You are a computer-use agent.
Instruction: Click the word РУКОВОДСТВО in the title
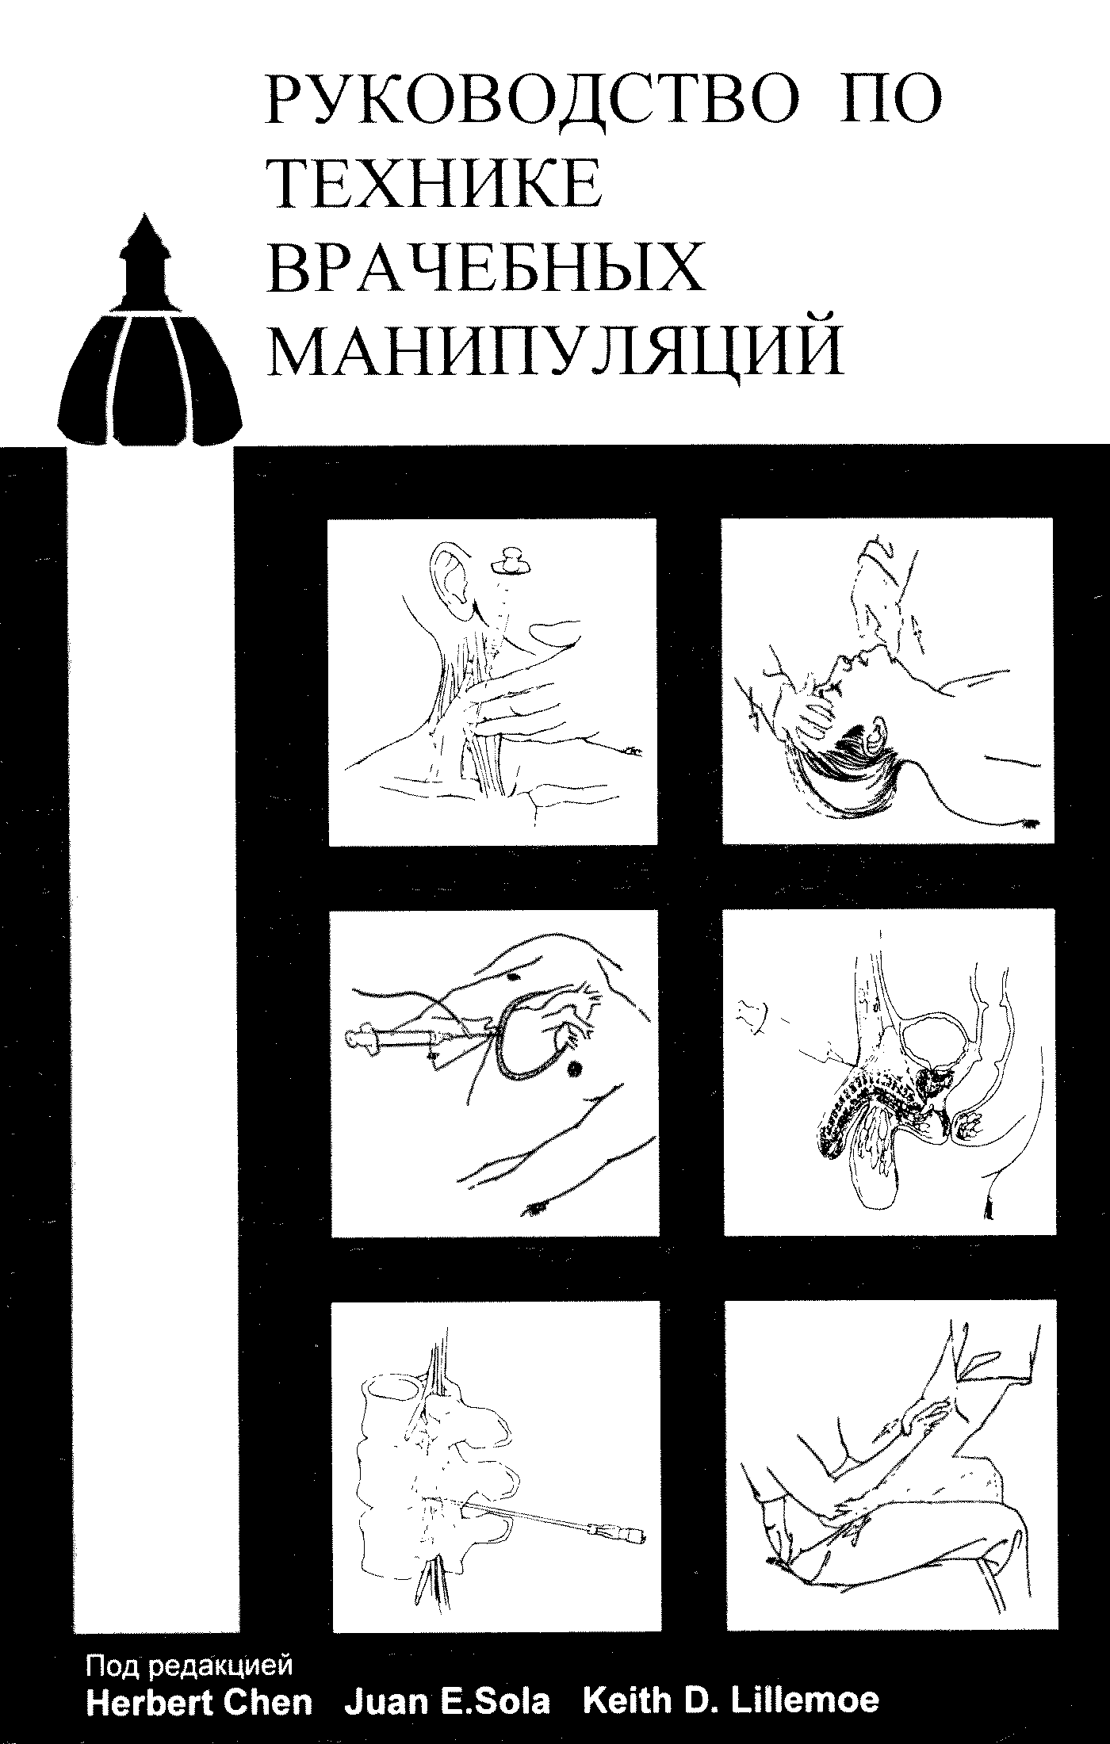click(530, 100)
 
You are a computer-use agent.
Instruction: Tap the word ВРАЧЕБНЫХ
click(487, 267)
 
